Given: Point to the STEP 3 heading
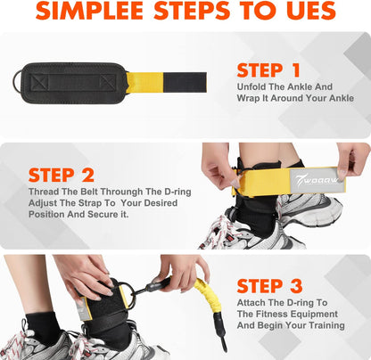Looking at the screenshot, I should click(273, 285).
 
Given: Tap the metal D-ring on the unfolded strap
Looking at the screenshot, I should click(18, 84).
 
